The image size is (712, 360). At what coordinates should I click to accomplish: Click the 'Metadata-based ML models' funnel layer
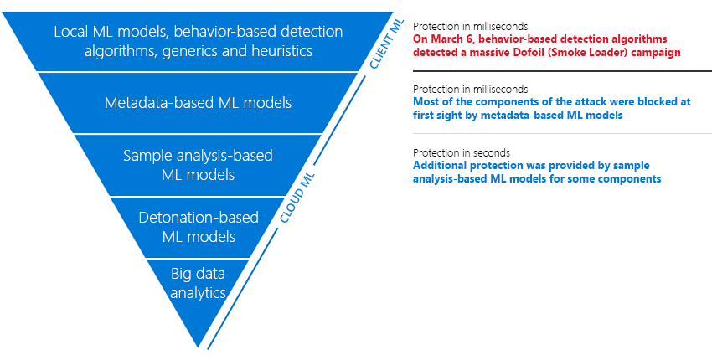click(x=198, y=103)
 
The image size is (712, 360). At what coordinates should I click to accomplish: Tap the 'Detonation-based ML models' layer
click(x=198, y=227)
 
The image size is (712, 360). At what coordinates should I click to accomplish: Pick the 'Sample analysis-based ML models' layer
click(x=198, y=165)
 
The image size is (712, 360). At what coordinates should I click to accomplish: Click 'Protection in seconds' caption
click(x=462, y=153)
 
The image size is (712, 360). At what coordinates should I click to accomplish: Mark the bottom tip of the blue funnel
click(x=199, y=343)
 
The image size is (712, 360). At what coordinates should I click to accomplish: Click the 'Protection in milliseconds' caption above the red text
click(x=470, y=26)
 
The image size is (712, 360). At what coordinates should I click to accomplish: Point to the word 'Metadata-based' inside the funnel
click(x=157, y=103)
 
